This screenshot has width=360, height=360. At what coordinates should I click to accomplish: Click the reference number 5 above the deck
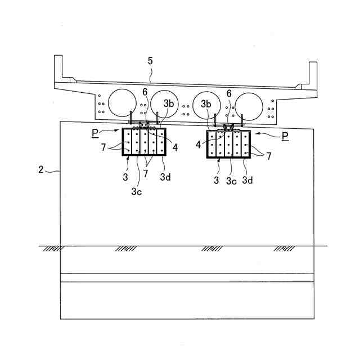(x=150, y=60)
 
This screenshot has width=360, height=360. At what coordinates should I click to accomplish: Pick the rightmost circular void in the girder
(x=249, y=106)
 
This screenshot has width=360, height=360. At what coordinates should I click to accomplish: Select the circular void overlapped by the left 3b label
(x=164, y=103)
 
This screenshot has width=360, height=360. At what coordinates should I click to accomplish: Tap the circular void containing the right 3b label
(x=206, y=105)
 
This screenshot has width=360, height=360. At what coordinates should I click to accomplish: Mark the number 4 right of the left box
(x=175, y=148)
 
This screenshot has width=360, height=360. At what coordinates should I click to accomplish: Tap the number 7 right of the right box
(x=269, y=156)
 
